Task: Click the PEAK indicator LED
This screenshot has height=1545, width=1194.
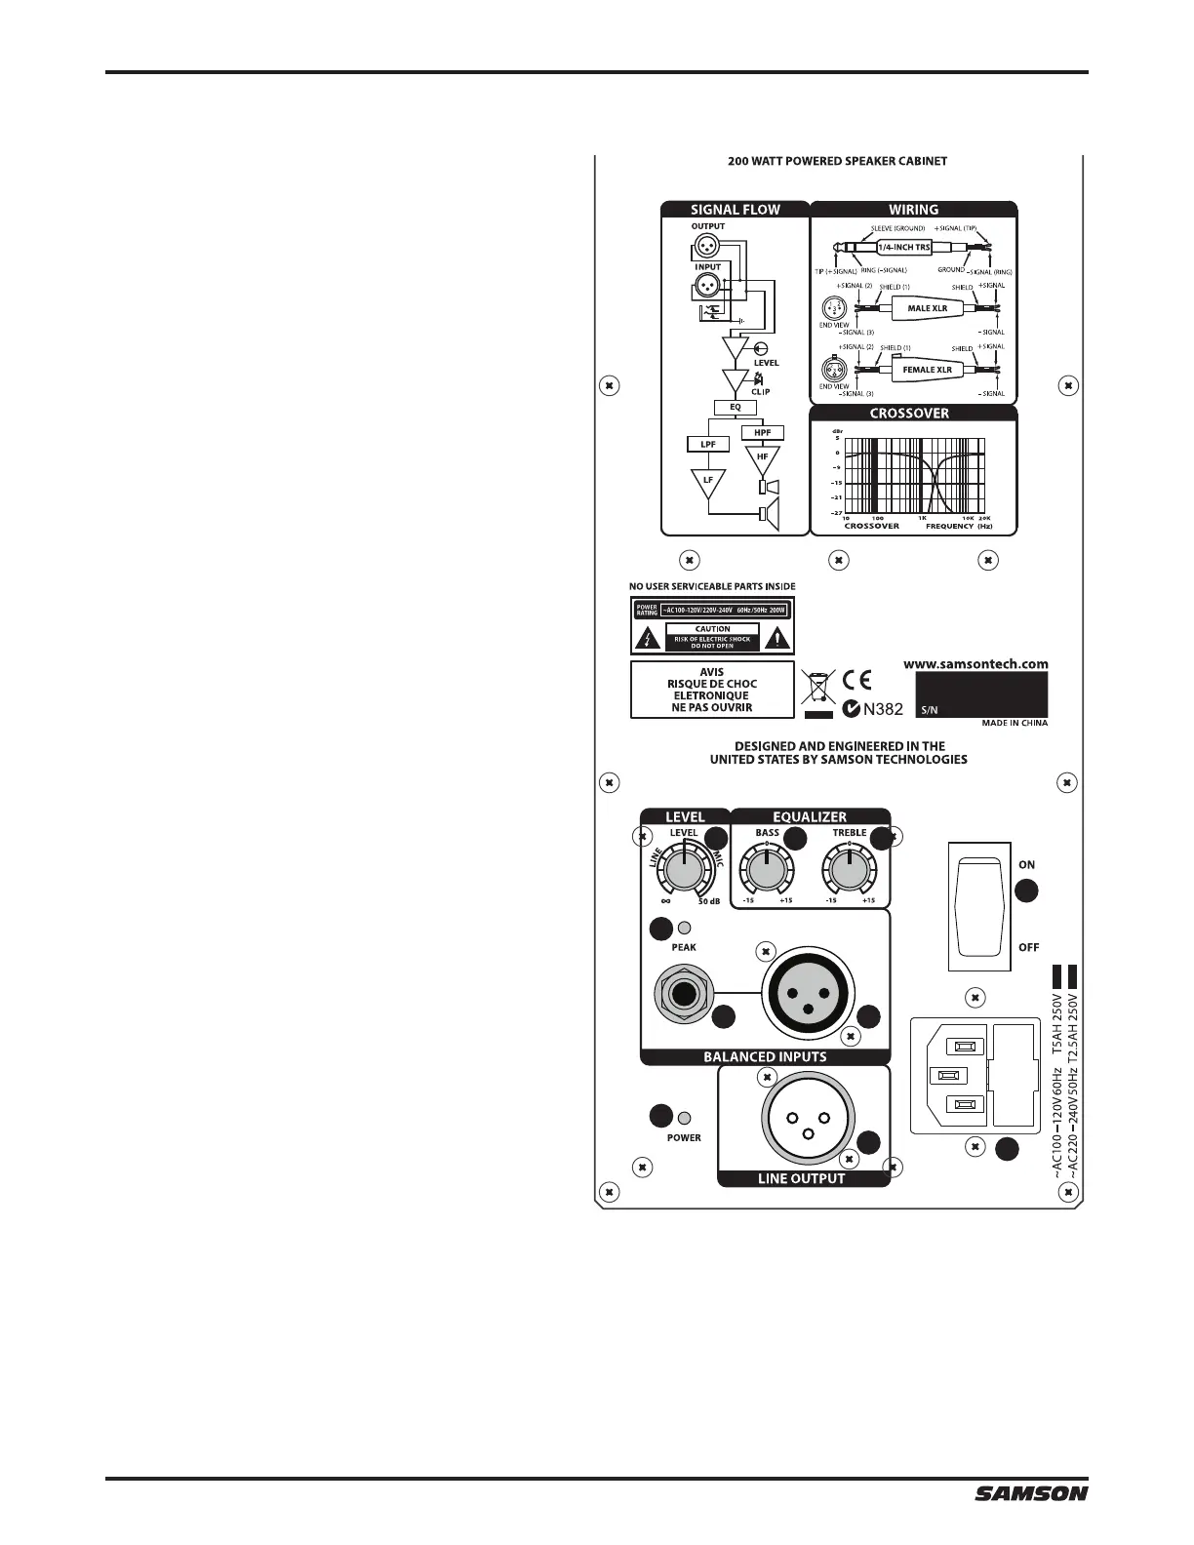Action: [685, 929]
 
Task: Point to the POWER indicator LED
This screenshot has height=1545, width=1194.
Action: [685, 1118]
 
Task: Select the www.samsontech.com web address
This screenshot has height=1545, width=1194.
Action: [975, 663]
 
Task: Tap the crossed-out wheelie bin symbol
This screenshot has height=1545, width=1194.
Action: [816, 689]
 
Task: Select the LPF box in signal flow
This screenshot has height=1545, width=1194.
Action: [708, 445]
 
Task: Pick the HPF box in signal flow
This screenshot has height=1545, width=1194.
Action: [762, 432]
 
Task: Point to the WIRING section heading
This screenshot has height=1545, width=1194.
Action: [913, 210]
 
